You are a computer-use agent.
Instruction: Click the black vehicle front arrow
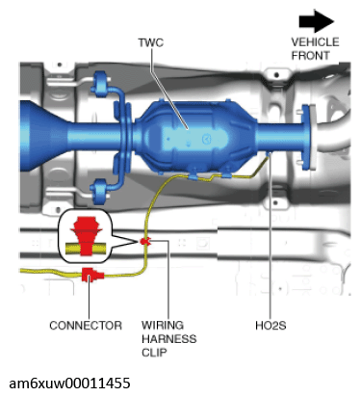pyautogui.click(x=317, y=21)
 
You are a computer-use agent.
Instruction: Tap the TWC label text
pyautogui.click(x=150, y=42)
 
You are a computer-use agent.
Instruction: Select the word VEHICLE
pyautogui.click(x=315, y=42)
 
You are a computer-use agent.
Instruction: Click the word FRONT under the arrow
pyautogui.click(x=310, y=56)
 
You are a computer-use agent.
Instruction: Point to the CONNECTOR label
pyautogui.click(x=86, y=326)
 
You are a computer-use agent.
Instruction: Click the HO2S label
pyautogui.click(x=270, y=326)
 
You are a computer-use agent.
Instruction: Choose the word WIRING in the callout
pyautogui.click(x=163, y=325)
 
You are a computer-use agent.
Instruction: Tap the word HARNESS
pyautogui.click(x=169, y=339)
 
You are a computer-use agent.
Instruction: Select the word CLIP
pyautogui.click(x=154, y=353)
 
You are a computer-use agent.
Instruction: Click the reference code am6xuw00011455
pyautogui.click(x=69, y=384)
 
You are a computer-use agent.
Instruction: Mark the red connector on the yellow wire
pyautogui.click(x=92, y=275)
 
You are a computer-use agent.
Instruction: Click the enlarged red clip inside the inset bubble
pyautogui.click(x=86, y=235)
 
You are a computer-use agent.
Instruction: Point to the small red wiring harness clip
pyautogui.click(x=145, y=241)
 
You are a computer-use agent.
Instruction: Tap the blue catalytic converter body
pyautogui.click(x=197, y=137)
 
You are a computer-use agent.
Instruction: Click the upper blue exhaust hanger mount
pyautogui.click(x=102, y=83)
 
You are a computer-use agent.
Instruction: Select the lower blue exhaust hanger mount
pyautogui.click(x=101, y=192)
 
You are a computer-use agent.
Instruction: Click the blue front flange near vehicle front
pyautogui.click(x=306, y=137)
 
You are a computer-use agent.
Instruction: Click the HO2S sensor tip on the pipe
pyautogui.click(x=269, y=154)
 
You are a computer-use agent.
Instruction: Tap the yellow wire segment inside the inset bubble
pyautogui.click(x=86, y=248)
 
